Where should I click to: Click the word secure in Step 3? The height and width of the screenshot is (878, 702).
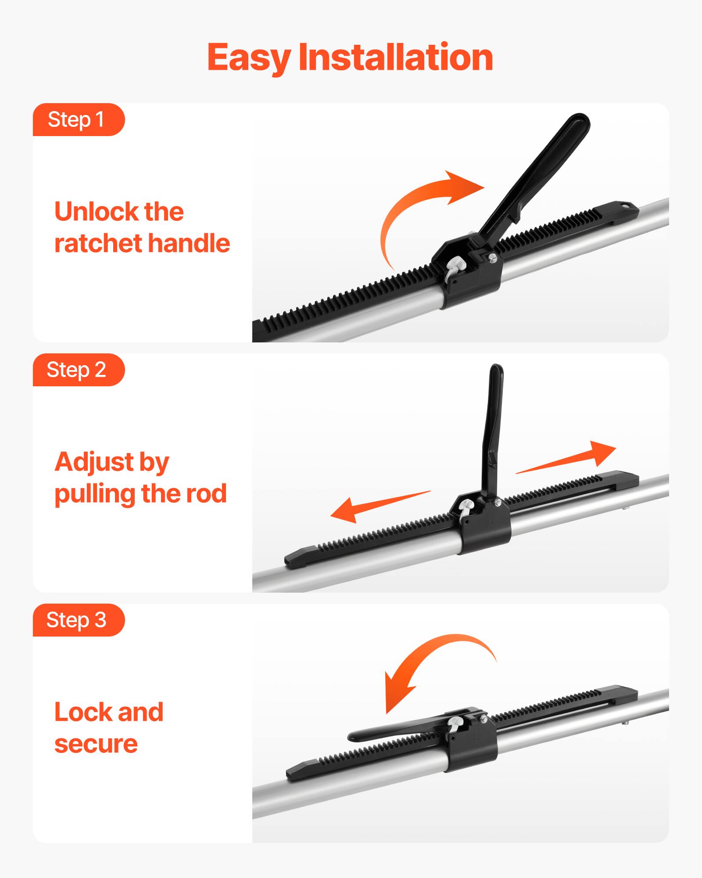pyautogui.click(x=96, y=744)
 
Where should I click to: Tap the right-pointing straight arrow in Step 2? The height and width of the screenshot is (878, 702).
pyautogui.click(x=570, y=459)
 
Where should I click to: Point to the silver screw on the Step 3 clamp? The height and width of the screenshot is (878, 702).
pyautogui.click(x=483, y=719)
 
